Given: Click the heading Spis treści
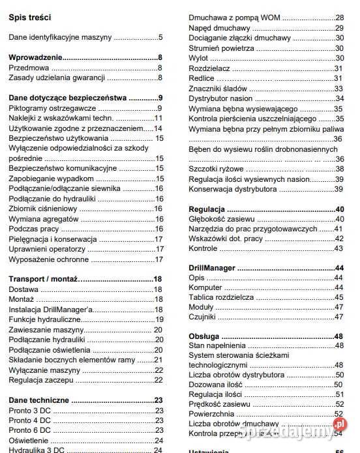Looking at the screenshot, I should [x=30, y=18].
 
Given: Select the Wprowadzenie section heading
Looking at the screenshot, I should [x=36, y=58].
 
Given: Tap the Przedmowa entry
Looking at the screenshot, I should [x=30, y=68].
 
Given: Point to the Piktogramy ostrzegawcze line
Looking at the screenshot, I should [x=52, y=108].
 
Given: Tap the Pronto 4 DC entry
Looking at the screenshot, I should [x=29, y=420].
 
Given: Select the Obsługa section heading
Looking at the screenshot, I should [x=205, y=336].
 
